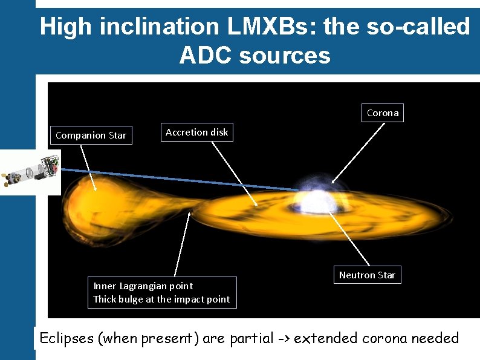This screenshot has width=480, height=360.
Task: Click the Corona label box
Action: coord(383,113)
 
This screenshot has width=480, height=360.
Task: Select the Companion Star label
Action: coord(91,136)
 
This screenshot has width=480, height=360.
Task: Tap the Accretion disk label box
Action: coord(196,133)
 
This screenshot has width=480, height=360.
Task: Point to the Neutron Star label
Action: coord(367,275)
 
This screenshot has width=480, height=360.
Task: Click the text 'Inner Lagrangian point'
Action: coord(143,286)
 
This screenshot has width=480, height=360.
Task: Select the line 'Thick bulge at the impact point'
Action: coord(161,299)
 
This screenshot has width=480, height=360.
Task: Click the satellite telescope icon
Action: coord(30,172)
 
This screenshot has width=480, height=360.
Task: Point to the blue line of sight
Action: coord(181,179)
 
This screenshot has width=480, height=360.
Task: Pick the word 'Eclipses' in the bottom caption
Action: coord(66,338)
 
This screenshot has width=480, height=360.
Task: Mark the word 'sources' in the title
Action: coord(285,56)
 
